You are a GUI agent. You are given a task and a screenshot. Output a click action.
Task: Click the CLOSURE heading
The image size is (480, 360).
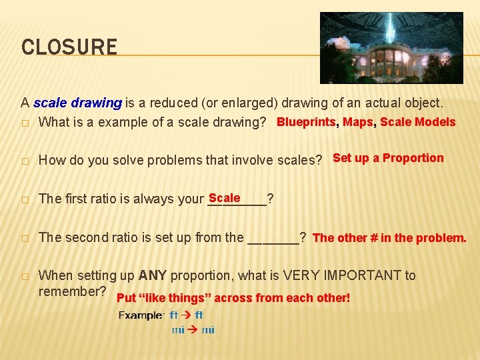pyautogui.click(x=69, y=47)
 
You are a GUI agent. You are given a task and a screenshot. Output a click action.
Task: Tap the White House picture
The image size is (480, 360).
pyautogui.click(x=391, y=47)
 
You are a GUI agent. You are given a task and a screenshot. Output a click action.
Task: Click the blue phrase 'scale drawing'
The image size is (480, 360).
pyautogui.click(x=77, y=103)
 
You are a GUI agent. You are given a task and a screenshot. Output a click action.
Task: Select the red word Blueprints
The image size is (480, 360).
pyautogui.click(x=306, y=122)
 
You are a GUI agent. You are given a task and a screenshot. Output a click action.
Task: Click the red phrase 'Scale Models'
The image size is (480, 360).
pyautogui.click(x=418, y=122)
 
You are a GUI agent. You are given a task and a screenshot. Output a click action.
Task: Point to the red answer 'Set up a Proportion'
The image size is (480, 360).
pyautogui.click(x=388, y=158)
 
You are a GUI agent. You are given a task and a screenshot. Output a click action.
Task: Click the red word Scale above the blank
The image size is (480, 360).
pyautogui.click(x=224, y=198)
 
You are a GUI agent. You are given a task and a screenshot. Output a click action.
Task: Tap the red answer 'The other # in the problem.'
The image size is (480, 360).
pyautogui.click(x=389, y=237)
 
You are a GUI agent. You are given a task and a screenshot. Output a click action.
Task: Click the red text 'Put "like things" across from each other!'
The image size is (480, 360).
pyautogui.click(x=233, y=298)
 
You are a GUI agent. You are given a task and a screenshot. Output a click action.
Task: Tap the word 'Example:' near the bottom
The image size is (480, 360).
pyautogui.click(x=141, y=315)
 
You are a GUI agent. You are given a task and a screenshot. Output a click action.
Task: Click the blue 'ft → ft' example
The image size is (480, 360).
pyautogui.click(x=187, y=315)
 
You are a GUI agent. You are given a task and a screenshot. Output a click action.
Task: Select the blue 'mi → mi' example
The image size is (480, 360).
pyautogui.click(x=193, y=330)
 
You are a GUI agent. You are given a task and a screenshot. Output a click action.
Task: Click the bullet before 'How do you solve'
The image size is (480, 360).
pyautogui.click(x=25, y=161)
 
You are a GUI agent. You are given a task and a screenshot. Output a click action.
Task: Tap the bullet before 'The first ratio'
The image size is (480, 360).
pyautogui.click(x=25, y=199)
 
